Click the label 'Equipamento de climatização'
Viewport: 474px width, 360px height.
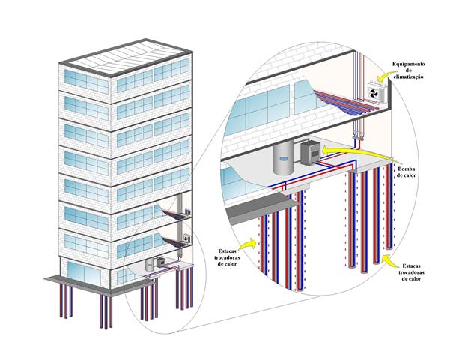(408, 70)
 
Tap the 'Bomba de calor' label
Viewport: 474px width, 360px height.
(407, 172)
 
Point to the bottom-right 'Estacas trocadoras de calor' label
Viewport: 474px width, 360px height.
(411, 272)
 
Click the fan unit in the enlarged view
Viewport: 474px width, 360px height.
(377, 92)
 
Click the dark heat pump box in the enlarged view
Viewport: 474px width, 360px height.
(310, 153)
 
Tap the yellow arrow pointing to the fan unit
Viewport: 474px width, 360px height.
(385, 77)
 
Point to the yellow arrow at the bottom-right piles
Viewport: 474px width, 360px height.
(389, 261)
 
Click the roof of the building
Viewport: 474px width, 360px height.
(126, 57)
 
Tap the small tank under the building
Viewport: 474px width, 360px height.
(150, 265)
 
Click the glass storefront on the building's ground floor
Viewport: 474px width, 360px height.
(84, 274)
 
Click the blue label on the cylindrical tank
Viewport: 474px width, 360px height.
(283, 159)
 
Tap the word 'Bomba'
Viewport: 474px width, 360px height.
(407, 169)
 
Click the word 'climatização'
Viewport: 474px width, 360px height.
(408, 76)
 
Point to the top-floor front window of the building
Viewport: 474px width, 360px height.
(86, 82)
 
